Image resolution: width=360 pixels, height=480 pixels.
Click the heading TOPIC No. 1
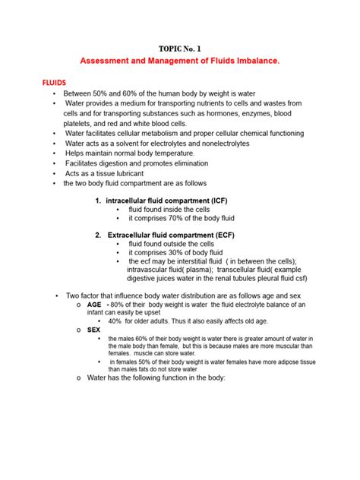(x=180, y=50)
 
